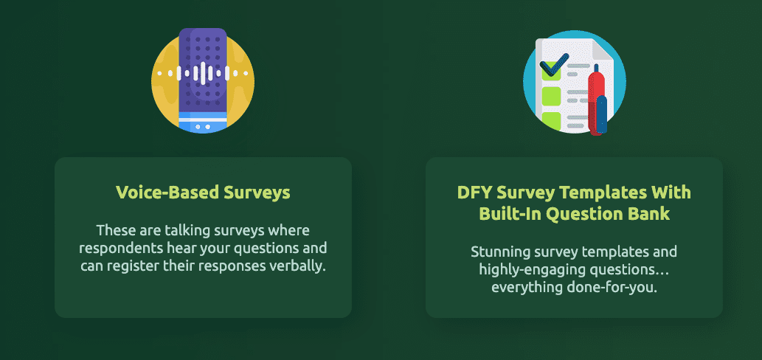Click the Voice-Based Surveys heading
(x=203, y=193)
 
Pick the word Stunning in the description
(x=497, y=252)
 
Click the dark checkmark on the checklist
(x=554, y=65)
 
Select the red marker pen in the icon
(x=596, y=101)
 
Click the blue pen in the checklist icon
(x=602, y=114)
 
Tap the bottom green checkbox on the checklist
(x=551, y=120)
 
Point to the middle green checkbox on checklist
(x=551, y=96)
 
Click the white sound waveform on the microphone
(x=203, y=73)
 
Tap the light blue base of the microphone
(x=203, y=122)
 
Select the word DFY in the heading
(x=473, y=193)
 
